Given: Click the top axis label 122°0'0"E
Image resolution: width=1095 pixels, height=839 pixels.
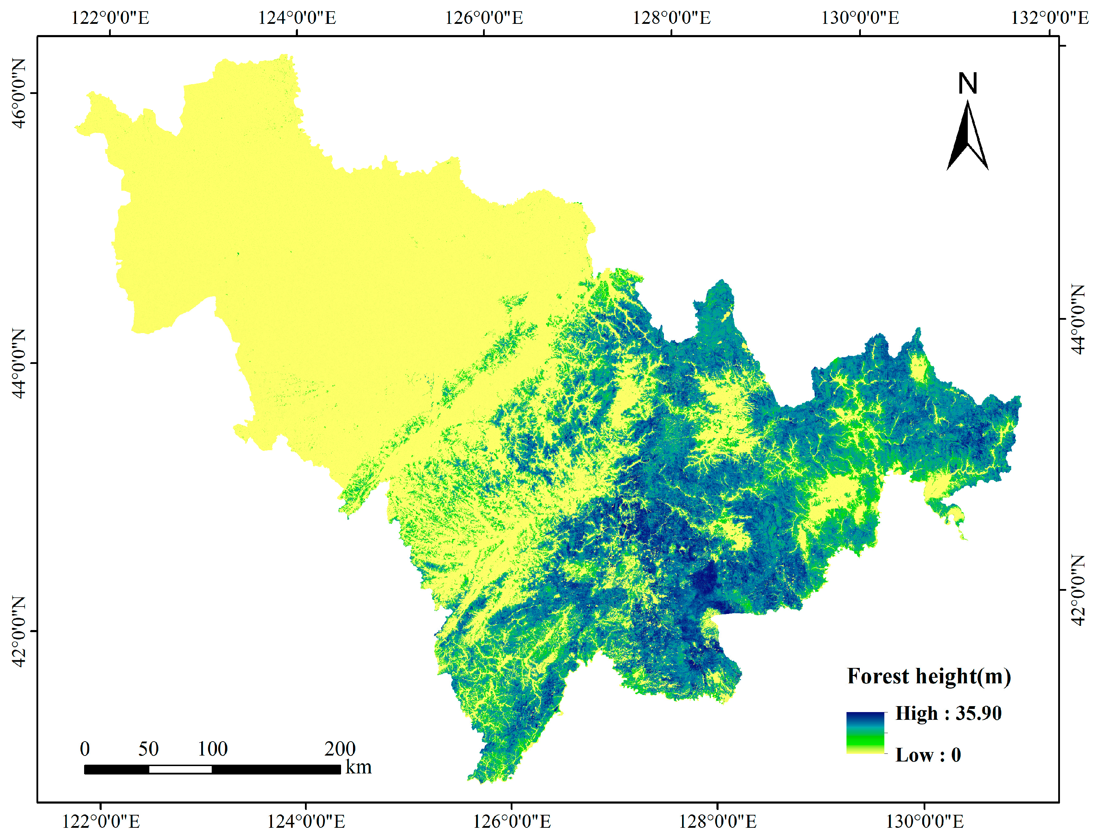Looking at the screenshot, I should [x=110, y=18].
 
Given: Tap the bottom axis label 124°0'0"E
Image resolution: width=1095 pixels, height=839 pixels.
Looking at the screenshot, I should [x=306, y=821].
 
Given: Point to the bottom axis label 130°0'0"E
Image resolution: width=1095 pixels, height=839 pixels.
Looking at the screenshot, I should [x=925, y=821].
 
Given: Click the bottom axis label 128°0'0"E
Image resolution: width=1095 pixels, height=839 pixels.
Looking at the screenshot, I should [x=717, y=821].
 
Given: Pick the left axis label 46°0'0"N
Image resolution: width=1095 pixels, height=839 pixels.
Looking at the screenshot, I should [x=19, y=93].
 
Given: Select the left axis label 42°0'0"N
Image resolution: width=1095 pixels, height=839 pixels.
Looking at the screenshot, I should [x=19, y=631].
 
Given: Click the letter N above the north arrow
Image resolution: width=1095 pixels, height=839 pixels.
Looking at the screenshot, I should [x=967, y=83].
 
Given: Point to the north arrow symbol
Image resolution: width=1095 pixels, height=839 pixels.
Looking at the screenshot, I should [x=967, y=137].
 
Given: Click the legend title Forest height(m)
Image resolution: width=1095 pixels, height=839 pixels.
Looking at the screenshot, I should [x=929, y=676].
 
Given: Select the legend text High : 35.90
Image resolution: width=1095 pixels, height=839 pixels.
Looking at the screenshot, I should [x=948, y=713].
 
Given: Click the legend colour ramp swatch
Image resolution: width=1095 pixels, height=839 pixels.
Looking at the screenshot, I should [x=865, y=733].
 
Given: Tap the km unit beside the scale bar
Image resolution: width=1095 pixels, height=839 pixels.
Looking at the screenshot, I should [x=359, y=767].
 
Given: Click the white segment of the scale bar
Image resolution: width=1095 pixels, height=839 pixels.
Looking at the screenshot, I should [x=180, y=770].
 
